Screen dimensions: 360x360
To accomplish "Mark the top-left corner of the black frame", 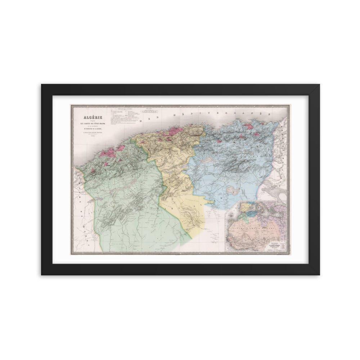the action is [x=42, y=85].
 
